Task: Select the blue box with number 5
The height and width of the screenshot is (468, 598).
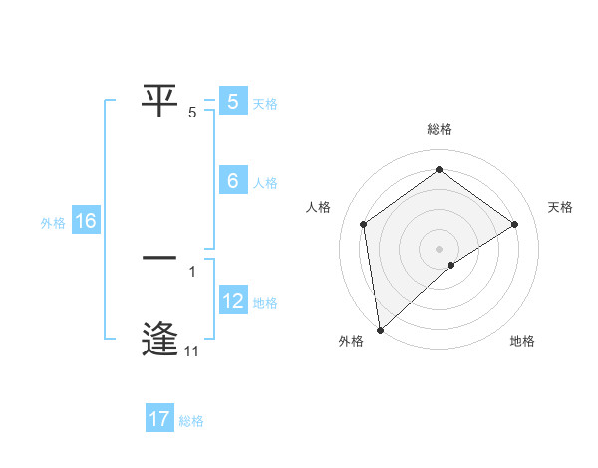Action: click(x=233, y=102)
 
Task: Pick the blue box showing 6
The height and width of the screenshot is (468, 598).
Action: click(x=233, y=181)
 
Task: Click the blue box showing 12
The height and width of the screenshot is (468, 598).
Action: click(x=233, y=301)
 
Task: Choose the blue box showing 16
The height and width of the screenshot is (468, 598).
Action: click(x=86, y=221)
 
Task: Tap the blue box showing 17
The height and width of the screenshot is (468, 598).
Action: click(x=159, y=419)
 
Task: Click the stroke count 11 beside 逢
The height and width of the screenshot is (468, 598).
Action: click(x=191, y=351)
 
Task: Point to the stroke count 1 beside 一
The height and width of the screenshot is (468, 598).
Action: click(x=191, y=270)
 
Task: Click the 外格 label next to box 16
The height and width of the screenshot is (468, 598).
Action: click(x=53, y=223)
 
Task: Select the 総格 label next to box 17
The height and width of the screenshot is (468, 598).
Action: click(x=191, y=421)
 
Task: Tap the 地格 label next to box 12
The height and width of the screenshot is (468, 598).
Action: click(x=265, y=303)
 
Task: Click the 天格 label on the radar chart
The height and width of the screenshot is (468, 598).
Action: click(x=560, y=207)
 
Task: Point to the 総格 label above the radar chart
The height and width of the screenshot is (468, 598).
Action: click(x=440, y=129)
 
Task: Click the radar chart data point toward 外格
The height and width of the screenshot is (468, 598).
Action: click(x=380, y=330)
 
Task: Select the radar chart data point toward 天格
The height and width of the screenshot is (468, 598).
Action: click(x=515, y=224)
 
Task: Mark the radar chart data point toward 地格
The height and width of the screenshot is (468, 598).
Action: click(x=451, y=265)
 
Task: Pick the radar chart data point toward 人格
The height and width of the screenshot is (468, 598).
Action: click(x=364, y=224)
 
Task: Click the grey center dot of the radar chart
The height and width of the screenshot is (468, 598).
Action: click(x=440, y=248)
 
